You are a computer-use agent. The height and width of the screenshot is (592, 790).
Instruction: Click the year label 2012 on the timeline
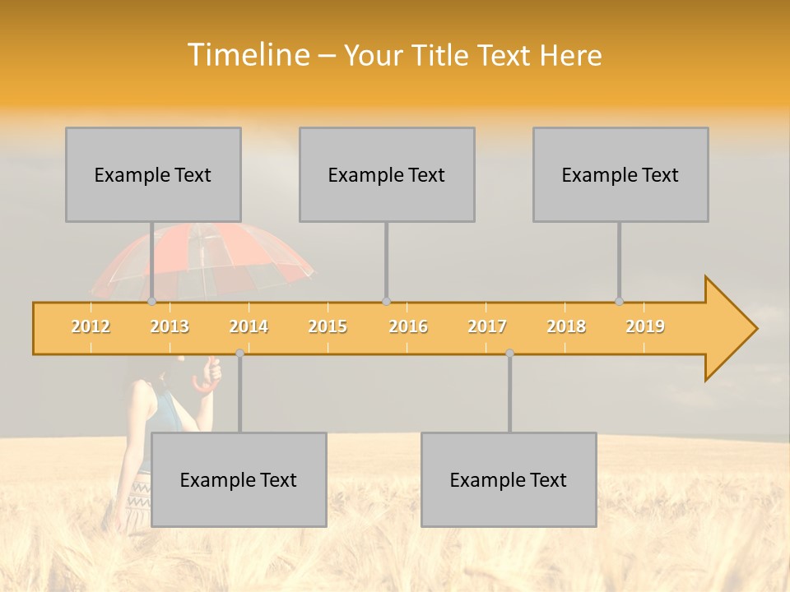[91, 326]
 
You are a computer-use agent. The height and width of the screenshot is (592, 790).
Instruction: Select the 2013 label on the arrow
[170, 326]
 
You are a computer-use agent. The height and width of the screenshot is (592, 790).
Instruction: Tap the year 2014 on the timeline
[249, 326]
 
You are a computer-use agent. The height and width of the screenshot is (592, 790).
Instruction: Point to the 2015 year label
[328, 326]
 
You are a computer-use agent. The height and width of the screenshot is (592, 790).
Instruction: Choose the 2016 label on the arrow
[408, 326]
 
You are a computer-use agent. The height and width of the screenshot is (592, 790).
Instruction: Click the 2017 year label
[487, 326]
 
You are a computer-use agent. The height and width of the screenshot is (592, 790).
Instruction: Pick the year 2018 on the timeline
[566, 326]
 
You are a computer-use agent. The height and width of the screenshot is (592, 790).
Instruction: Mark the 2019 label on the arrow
[645, 326]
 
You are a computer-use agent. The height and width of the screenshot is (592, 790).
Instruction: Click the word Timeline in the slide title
[248, 55]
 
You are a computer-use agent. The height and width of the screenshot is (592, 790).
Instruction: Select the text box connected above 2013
[153, 174]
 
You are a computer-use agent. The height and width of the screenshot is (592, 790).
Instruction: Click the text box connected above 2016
[387, 174]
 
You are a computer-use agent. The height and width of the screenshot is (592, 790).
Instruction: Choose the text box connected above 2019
[620, 174]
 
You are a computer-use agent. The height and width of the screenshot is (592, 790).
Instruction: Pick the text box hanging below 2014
[239, 479]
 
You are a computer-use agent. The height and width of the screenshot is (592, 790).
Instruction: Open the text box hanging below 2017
[509, 479]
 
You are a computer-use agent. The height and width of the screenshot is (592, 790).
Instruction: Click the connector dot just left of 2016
[386, 302]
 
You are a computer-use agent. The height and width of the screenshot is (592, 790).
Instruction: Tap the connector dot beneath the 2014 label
[239, 353]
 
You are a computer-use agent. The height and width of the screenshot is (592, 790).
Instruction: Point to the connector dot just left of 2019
[620, 302]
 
